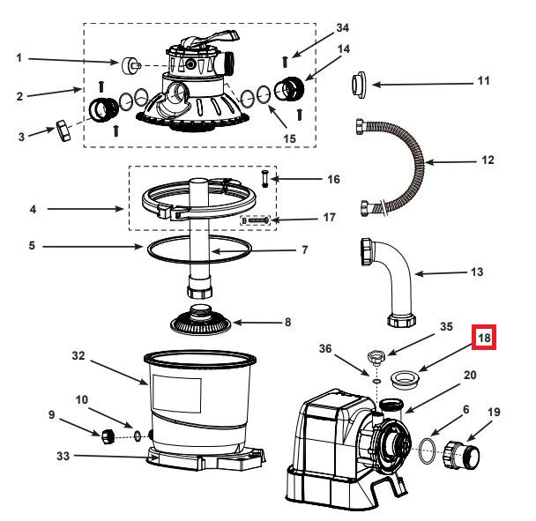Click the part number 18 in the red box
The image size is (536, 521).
coord(484,338)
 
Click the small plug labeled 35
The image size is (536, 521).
coord(376,358)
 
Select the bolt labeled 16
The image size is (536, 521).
coord(264,179)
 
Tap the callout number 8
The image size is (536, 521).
coord(287,322)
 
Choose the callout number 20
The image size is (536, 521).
coord(470,375)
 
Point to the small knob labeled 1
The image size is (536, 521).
coord(132,64)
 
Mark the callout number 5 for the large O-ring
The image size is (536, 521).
coord(31,246)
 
